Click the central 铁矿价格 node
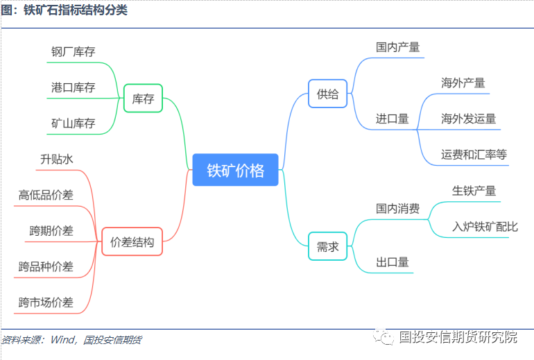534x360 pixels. [235, 170]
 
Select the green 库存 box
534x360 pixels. [143, 98]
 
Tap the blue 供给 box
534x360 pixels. [328, 94]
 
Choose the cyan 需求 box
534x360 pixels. [327, 246]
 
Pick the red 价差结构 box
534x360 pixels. [132, 242]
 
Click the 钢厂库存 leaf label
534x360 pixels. [73, 52]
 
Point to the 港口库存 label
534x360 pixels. [73, 87]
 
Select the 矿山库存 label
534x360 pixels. [73, 123]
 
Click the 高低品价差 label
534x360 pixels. [46, 195]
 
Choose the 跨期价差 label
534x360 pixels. [51, 230]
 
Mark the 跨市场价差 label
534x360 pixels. [46, 302]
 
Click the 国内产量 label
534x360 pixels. [397, 47]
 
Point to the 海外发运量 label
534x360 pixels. [469, 119]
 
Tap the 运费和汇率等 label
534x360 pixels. [474, 154]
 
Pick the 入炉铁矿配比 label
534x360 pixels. [485, 226]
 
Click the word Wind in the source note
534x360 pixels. [63, 340]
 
